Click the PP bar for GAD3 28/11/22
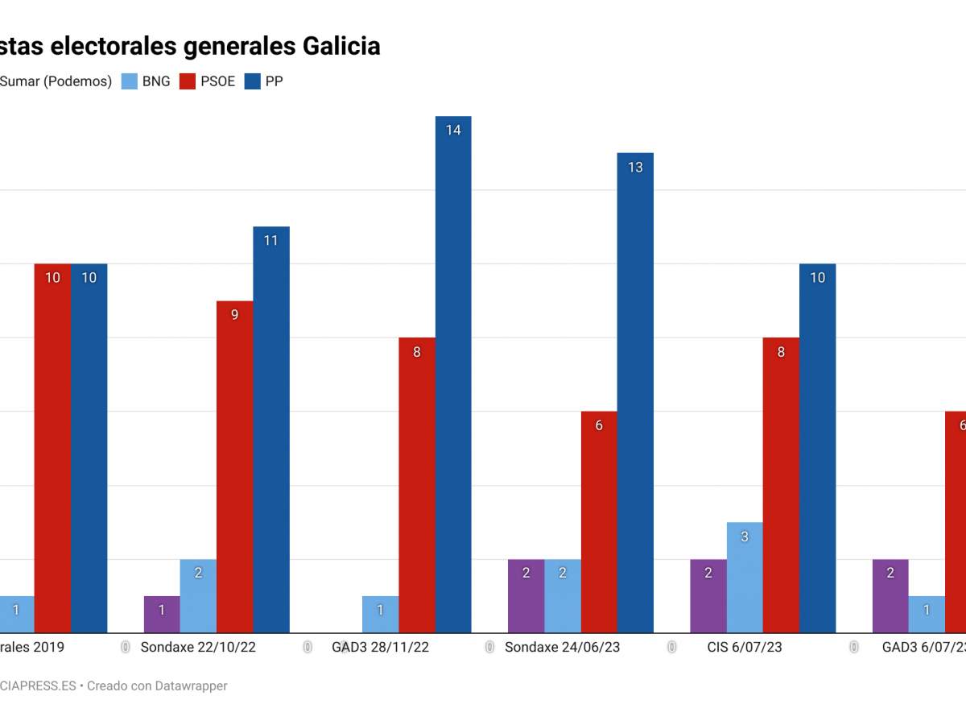tap(453, 375)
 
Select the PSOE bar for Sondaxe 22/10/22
tap(234, 467)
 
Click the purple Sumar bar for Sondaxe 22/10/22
tap(162, 615)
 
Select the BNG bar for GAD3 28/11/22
tap(380, 615)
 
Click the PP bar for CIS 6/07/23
tap(817, 448)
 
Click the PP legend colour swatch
tap(252, 81)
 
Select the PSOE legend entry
tap(208, 81)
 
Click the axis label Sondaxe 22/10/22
tap(198, 647)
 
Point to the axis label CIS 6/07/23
tap(745, 647)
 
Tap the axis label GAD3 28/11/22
tap(380, 647)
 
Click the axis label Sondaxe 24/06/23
tap(562, 647)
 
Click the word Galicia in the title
tap(341, 46)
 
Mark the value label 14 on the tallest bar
tap(453, 130)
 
